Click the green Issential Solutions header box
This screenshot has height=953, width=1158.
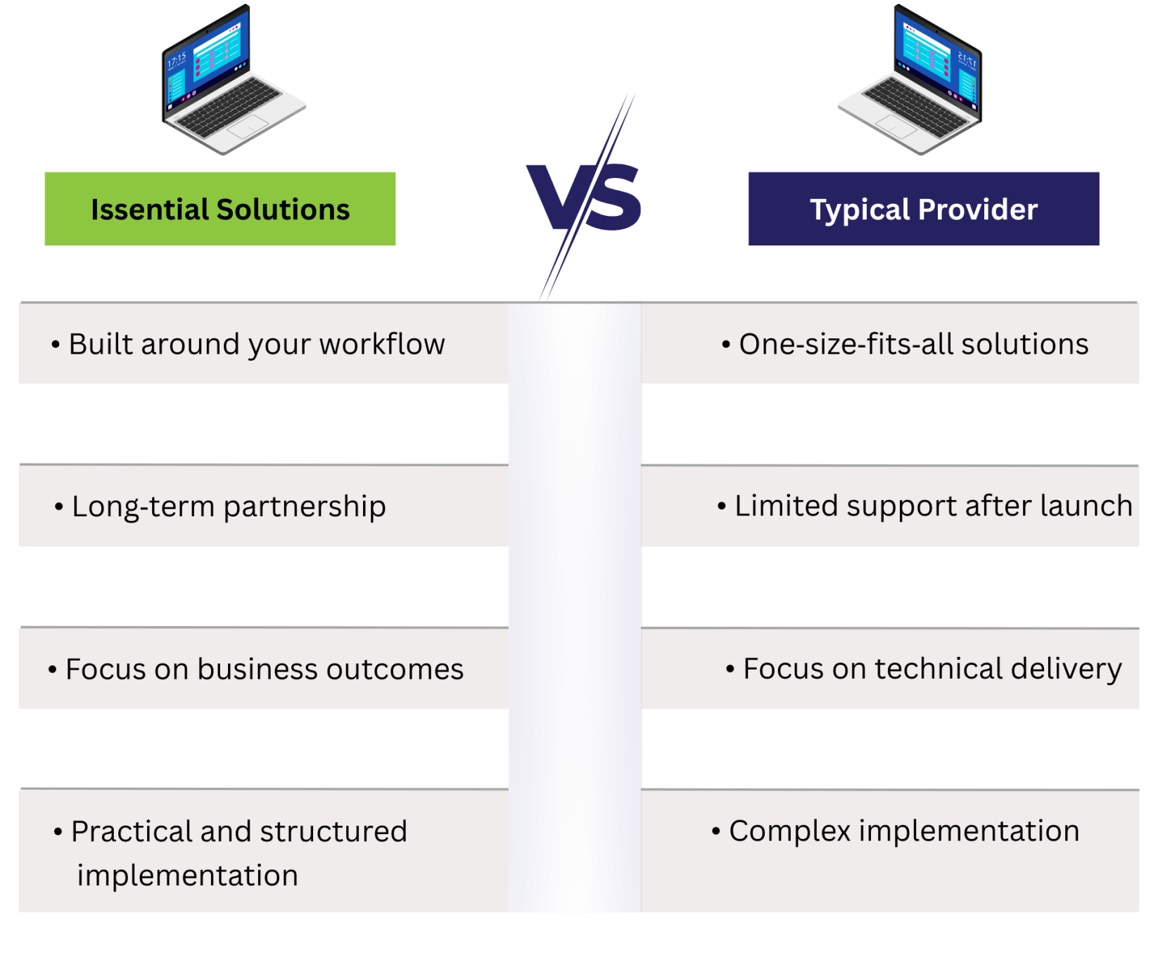(x=219, y=209)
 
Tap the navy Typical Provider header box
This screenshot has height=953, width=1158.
(x=923, y=209)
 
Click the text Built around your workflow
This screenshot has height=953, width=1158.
(x=257, y=345)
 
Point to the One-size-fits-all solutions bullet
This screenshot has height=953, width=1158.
(x=913, y=345)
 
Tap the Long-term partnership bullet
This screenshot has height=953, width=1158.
(x=229, y=506)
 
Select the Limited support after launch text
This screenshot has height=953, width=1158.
(x=933, y=506)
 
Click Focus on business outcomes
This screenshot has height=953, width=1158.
(x=264, y=670)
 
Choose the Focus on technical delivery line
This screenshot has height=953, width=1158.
(x=931, y=669)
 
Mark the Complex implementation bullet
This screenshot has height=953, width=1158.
(x=903, y=831)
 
